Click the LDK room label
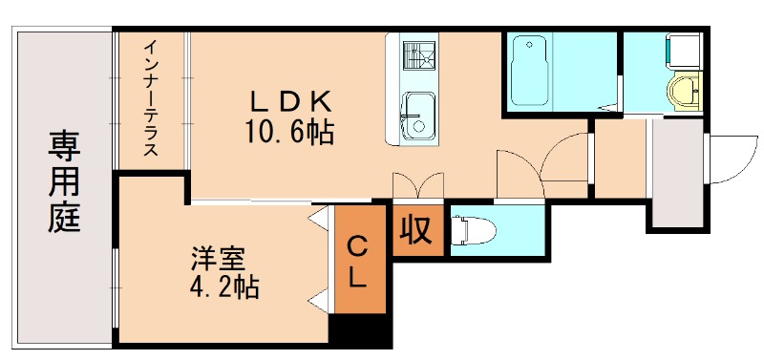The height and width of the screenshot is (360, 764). coord(290,100)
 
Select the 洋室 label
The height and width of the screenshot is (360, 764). coord(219,258)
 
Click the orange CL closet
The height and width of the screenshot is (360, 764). coord(358,262)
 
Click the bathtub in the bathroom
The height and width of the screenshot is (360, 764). coord(529,72)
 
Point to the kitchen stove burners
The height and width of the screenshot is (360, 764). coord(416,54)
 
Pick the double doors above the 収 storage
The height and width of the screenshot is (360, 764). coord(416,185)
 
